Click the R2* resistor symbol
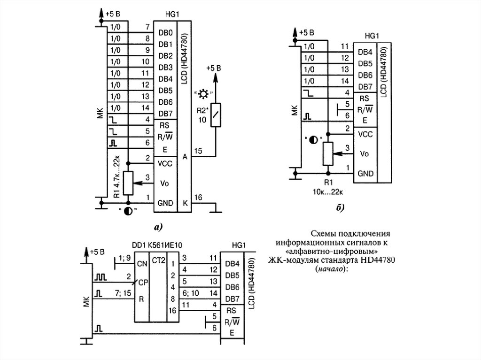216,115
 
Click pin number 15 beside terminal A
198,151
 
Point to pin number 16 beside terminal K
198,197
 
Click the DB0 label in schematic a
165,33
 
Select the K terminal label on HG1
185,203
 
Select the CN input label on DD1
141,263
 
